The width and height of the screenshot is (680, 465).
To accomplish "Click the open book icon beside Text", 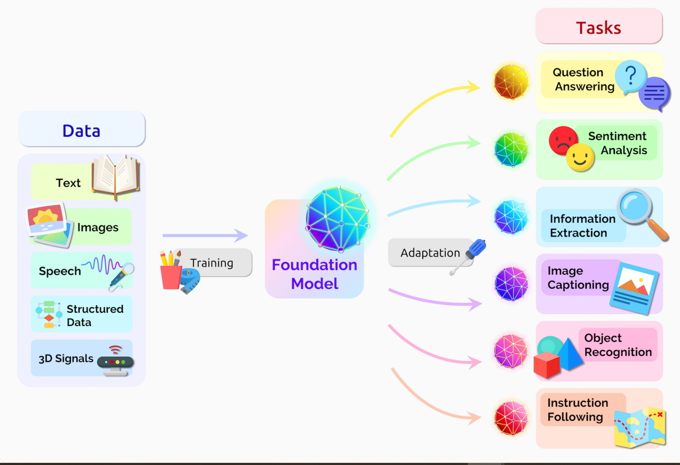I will pyautogui.click(x=116, y=177).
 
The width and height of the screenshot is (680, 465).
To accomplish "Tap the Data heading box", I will pyautogui.click(x=82, y=130).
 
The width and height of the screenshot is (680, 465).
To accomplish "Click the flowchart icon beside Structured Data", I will pyautogui.click(x=48, y=314).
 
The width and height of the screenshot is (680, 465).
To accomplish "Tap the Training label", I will pyautogui.click(x=212, y=263).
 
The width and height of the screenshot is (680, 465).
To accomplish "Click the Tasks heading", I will pyautogui.click(x=598, y=27).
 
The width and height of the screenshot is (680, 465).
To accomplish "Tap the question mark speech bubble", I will pyautogui.click(x=631, y=77).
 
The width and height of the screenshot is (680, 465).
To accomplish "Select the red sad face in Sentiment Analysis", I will pyautogui.click(x=563, y=140).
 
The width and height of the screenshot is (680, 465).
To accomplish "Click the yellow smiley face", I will pyautogui.click(x=580, y=157).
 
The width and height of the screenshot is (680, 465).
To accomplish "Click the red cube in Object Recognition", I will pyautogui.click(x=547, y=364).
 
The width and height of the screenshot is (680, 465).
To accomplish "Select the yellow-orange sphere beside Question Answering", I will pyautogui.click(x=511, y=83).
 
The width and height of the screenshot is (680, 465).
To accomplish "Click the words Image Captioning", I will pyautogui.click(x=577, y=278).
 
